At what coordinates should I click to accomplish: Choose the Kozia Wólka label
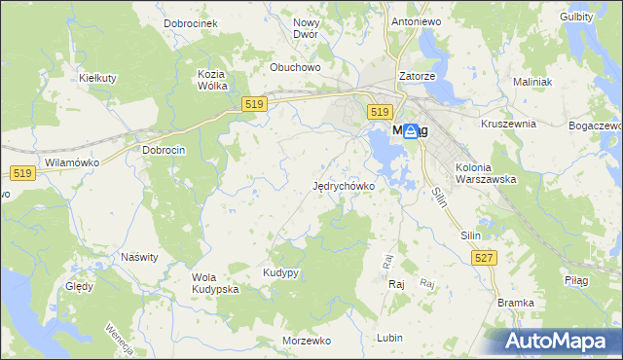(212, 80)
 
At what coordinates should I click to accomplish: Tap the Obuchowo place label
(295, 67)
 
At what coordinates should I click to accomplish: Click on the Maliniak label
(531, 82)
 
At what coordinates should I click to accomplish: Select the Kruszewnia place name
(509, 124)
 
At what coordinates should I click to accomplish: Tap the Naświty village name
(139, 257)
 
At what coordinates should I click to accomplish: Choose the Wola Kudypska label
(215, 283)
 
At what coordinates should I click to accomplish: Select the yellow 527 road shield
(483, 257)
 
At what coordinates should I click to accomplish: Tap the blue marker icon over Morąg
(411, 131)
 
